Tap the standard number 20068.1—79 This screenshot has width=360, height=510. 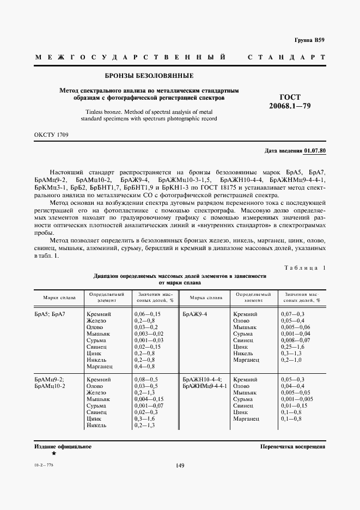290,105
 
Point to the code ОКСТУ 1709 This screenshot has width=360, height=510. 51,134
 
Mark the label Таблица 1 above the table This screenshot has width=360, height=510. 304,268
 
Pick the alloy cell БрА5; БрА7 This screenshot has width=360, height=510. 50,315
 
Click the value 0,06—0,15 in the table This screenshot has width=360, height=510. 147,315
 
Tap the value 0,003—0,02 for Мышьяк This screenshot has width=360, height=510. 149,333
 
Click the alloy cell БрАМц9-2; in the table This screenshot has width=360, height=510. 49,379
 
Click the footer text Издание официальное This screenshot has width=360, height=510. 63,446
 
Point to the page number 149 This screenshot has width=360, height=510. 180,465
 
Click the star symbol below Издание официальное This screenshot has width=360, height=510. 53,453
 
